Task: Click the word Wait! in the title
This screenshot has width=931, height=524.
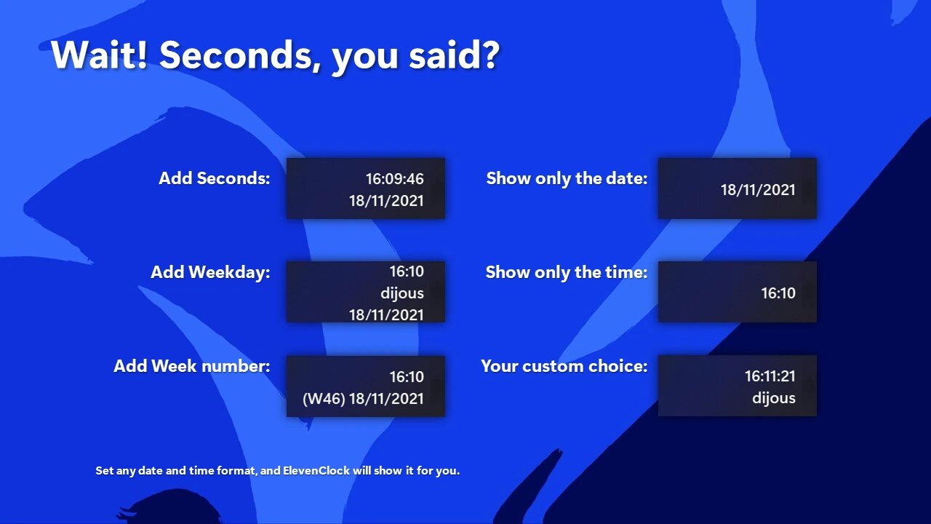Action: [x=100, y=55]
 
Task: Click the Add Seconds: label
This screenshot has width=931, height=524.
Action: [x=215, y=178]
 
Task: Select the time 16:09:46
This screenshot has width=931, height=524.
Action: [x=394, y=179]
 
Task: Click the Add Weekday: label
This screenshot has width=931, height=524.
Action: [x=210, y=272]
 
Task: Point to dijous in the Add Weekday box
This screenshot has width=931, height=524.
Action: [x=402, y=293]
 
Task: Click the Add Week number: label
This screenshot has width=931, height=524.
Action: [x=191, y=366]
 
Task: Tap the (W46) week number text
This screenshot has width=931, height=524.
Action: [x=324, y=399]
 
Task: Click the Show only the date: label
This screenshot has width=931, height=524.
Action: [x=567, y=178]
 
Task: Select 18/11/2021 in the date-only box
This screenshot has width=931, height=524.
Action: [x=758, y=190]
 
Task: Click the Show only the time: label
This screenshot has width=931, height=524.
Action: [x=567, y=272]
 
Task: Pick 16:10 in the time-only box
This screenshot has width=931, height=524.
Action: [x=778, y=293]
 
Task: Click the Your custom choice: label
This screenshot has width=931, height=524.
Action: [x=564, y=366]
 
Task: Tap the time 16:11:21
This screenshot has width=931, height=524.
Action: [x=770, y=376]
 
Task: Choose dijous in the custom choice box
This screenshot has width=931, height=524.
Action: [x=773, y=398]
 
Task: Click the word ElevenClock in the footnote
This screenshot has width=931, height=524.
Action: [x=316, y=471]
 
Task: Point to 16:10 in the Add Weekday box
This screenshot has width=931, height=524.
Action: [x=407, y=271]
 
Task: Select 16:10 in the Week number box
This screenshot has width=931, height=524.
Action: [x=407, y=377]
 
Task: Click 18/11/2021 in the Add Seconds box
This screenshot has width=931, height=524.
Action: [x=386, y=201]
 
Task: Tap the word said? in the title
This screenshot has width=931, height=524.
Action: [x=454, y=55]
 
